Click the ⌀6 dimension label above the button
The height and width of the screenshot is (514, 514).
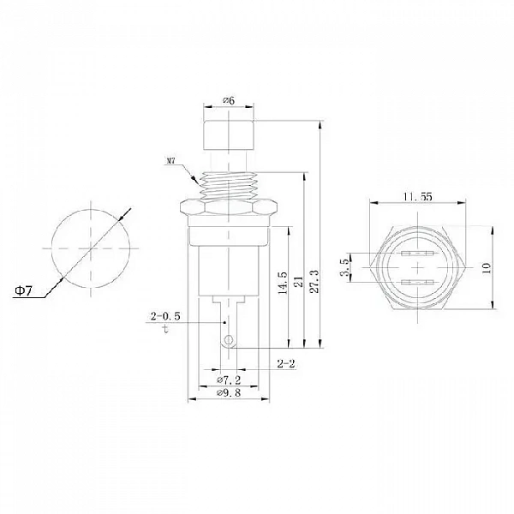pyautogui.click(x=229, y=100)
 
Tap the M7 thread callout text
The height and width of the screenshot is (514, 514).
pyautogui.click(x=170, y=161)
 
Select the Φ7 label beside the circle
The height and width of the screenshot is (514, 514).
pyautogui.click(x=24, y=290)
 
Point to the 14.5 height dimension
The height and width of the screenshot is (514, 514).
pyautogui.click(x=282, y=283)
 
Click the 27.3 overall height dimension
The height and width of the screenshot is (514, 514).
pyautogui.click(x=314, y=281)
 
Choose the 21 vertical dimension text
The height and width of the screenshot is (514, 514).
pyautogui.click(x=298, y=282)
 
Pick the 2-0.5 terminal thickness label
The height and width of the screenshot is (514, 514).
pyautogui.click(x=165, y=316)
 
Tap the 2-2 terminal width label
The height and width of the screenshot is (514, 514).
pyautogui.click(x=286, y=363)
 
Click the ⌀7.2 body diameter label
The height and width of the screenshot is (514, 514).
pyautogui.click(x=229, y=380)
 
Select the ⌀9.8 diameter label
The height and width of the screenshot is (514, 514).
pyautogui.click(x=229, y=392)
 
